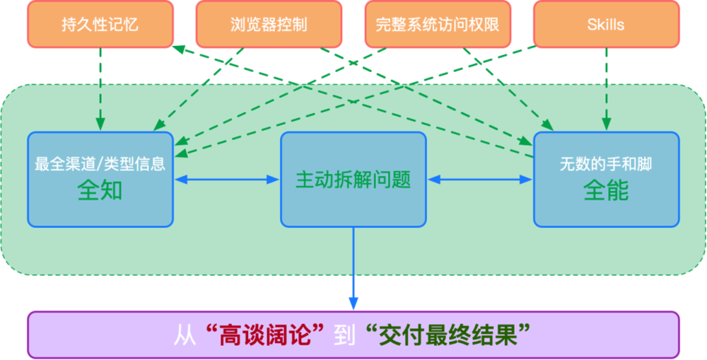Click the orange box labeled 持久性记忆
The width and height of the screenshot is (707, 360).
[x=100, y=25]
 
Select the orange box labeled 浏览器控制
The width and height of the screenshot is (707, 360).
[x=268, y=25]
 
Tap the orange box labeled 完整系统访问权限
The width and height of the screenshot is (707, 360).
[x=438, y=25]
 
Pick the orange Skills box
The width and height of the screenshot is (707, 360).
[x=606, y=25]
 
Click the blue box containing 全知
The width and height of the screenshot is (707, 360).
[x=100, y=179]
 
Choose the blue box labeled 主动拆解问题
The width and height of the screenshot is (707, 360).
[x=353, y=179]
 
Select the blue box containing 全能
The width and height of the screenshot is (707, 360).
[x=606, y=179]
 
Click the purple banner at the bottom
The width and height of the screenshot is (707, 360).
[x=353, y=335]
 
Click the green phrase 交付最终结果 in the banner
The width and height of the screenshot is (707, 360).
[x=448, y=335]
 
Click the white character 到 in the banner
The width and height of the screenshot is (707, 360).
[x=344, y=335]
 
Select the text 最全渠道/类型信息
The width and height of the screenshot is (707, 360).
[x=100, y=165]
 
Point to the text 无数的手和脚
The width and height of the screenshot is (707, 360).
[x=606, y=165]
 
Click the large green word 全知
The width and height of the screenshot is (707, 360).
[x=100, y=191]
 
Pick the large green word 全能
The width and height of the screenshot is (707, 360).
[x=606, y=191]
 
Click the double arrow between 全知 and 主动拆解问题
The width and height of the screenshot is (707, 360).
[x=227, y=180]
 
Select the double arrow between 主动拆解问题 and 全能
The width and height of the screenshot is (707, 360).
[x=480, y=180]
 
